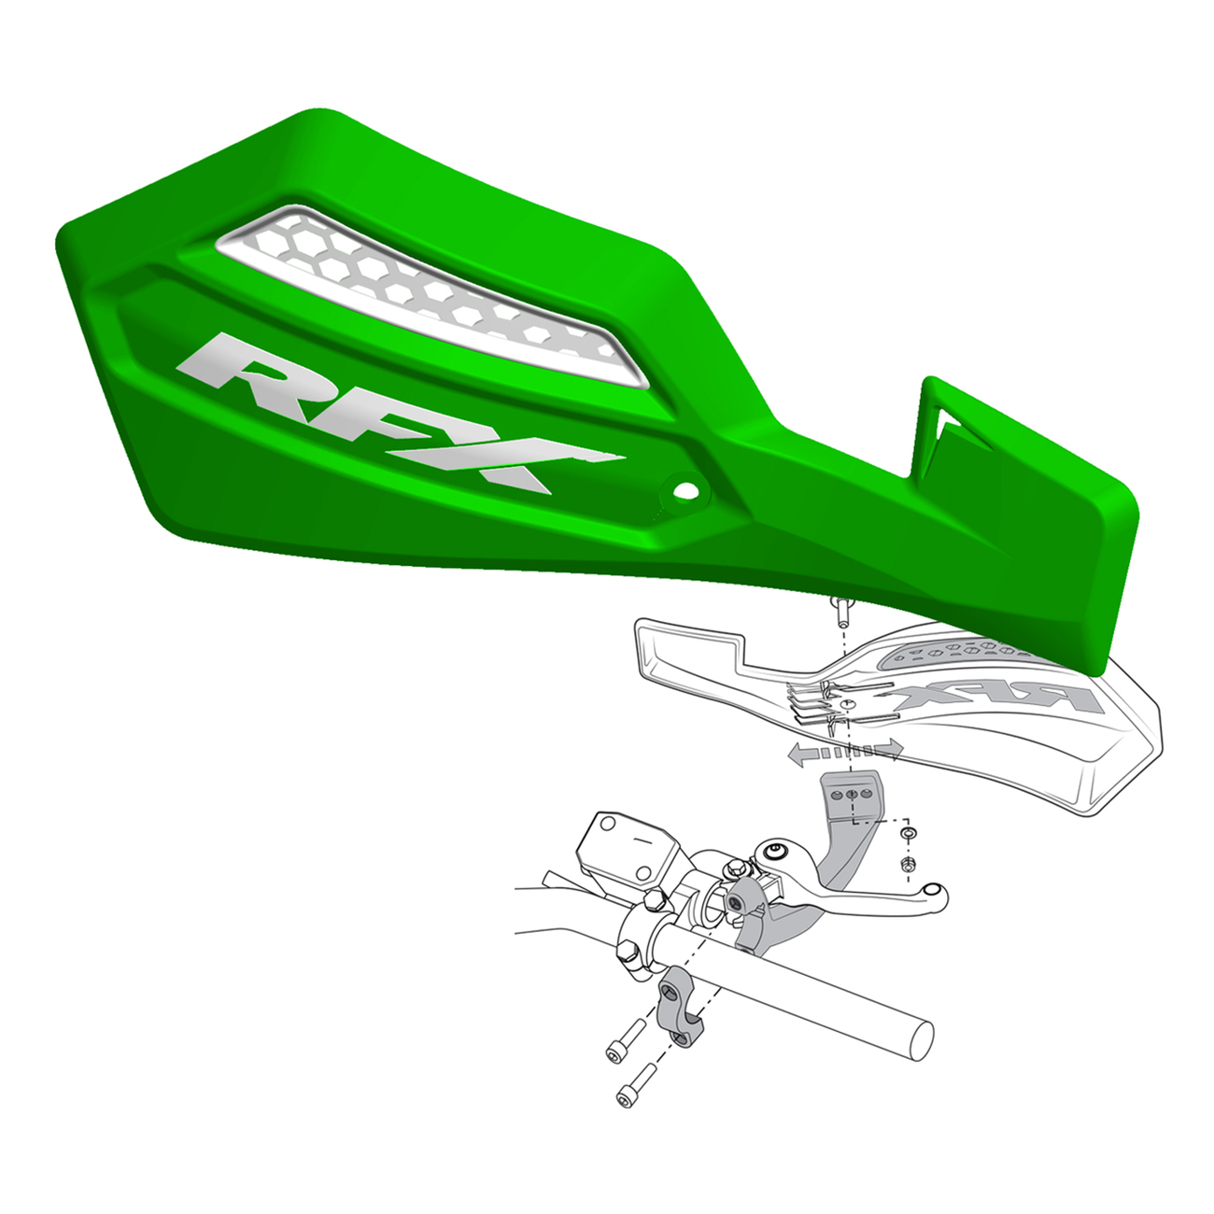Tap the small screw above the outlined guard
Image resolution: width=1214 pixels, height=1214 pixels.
842,612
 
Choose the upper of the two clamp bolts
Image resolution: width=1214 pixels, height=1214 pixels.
627,1041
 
